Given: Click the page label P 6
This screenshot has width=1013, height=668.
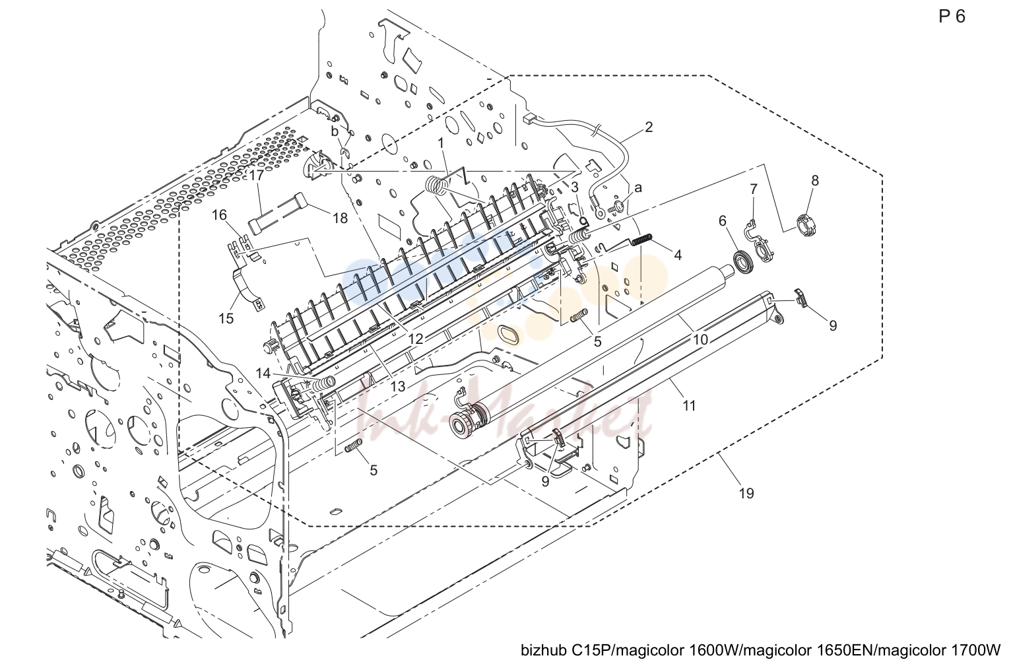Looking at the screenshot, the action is pos(952,17).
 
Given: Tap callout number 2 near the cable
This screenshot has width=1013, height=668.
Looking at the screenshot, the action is pos(649,127).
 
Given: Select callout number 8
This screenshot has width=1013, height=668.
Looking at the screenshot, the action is pos(815,180).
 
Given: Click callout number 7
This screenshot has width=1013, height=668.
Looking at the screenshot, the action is pos(754,189).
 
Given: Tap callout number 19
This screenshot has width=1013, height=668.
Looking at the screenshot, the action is pos(746,493).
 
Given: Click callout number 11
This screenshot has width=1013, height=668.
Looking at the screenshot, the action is pos(689,406).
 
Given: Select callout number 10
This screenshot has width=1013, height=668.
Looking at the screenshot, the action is pos(700,340).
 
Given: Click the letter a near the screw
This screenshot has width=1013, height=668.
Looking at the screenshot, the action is pos(638,187).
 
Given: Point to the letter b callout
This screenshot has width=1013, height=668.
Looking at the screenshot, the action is pos(335,131).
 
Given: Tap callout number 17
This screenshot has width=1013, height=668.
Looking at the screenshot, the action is pos(257,175).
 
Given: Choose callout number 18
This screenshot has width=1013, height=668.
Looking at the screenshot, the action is pos(340,218).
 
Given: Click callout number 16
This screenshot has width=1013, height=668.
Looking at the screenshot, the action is pos(219,215).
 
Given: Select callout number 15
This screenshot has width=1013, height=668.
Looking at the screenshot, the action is pos(226,318).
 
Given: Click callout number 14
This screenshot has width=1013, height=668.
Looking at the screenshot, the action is pos(263,373).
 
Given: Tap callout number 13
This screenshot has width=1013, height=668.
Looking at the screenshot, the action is pos(399,386).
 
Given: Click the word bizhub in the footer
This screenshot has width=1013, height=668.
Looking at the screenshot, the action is pos(543,651).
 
